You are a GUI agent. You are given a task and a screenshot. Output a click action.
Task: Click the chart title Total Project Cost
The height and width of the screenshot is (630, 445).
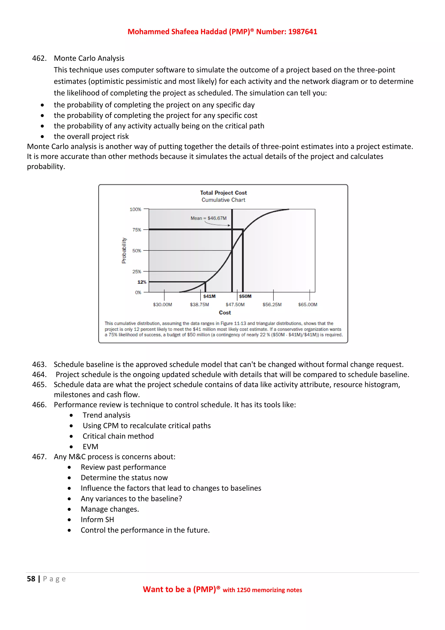tap(223, 193)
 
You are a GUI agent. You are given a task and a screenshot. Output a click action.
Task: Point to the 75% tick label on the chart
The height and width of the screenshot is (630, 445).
tap(137, 230)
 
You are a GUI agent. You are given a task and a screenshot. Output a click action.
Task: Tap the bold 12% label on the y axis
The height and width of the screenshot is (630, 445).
tap(142, 282)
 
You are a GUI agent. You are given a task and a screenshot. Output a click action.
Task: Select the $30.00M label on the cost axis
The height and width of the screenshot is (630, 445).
tap(163, 305)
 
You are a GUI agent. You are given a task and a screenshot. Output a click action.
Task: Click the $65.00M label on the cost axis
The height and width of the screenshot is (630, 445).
tap(307, 305)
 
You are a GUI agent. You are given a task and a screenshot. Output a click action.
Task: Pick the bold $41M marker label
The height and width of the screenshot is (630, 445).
tap(209, 296)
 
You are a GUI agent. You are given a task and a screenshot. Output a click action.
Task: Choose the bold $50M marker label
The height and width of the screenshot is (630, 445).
tap(245, 296)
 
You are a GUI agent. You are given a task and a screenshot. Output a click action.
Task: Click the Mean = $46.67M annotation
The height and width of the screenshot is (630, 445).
tap(209, 218)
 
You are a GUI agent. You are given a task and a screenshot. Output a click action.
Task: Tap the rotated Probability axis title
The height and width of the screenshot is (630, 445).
tap(124, 251)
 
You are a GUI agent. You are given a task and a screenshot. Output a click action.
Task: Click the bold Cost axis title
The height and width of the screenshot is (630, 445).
tap(225, 313)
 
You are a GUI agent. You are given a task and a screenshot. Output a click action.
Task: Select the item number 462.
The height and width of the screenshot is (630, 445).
tap(39, 58)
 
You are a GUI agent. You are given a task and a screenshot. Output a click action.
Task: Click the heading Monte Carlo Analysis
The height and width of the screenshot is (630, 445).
tap(89, 58)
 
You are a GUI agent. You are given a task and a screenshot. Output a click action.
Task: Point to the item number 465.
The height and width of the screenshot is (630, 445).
tap(39, 384)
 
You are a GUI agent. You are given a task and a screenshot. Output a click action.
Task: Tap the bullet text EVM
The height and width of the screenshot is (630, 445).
tap(90, 446)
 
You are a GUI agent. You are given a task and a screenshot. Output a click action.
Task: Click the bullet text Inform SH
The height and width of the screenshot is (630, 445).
tap(97, 519)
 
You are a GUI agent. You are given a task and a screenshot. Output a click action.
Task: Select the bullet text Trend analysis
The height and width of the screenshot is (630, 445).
tap(106, 415)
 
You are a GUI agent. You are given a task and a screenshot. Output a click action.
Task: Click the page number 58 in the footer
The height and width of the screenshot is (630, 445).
tap(31, 579)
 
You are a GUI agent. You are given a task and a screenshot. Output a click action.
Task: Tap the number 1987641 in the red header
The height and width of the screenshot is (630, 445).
tap(302, 32)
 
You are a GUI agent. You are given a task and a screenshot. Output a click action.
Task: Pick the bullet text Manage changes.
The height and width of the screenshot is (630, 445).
tap(110, 509)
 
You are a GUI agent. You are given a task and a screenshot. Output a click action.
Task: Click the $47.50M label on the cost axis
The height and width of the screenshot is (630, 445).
tap(235, 305)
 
